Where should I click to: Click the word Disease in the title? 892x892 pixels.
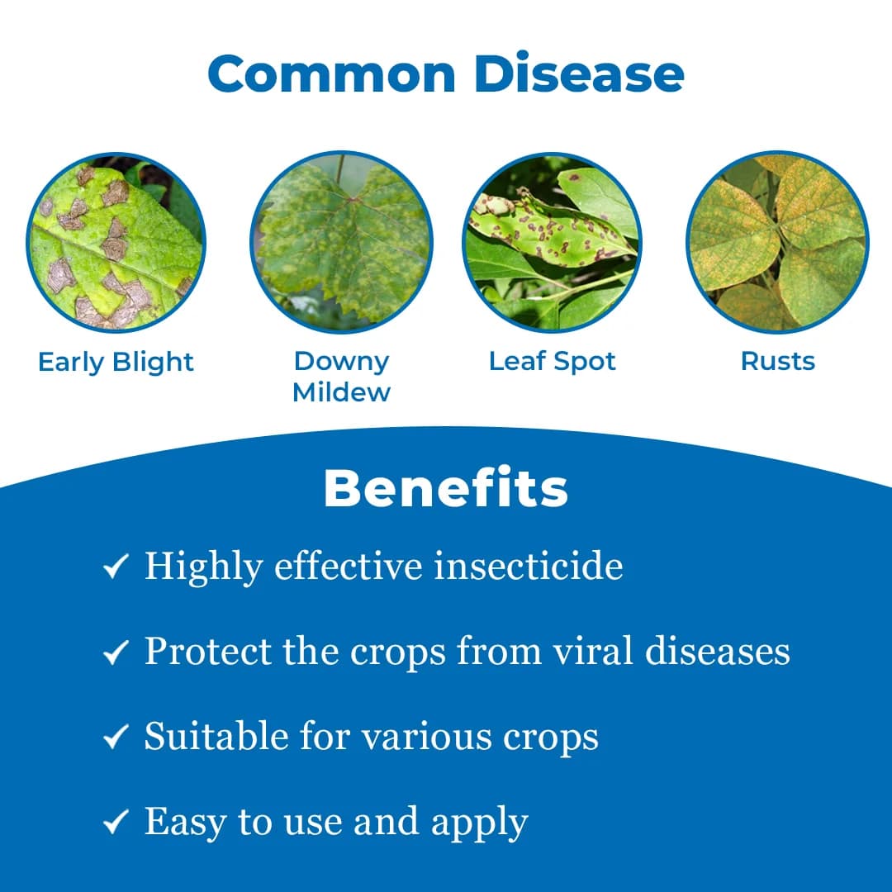coord(579,74)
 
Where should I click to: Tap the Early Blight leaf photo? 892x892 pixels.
coord(116,243)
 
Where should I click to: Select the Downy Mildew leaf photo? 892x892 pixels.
coord(341,243)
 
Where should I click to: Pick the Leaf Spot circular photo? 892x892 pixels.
coord(553,243)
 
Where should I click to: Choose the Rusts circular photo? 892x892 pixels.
coord(777,243)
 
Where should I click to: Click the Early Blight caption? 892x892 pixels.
coord(116,362)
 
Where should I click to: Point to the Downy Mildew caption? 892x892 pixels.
coord(341,376)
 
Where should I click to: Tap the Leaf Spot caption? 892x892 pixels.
coord(553,361)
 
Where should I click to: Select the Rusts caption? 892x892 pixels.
coord(777,361)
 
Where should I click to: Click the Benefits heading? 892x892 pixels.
coord(445,488)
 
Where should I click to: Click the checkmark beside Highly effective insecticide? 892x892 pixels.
coord(115,567)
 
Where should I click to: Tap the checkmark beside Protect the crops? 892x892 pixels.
coord(115,653)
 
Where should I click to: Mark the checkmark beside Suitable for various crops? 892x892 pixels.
coord(115,738)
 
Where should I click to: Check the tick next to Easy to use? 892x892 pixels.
coord(115,823)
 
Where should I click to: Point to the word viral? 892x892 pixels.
coord(593,651)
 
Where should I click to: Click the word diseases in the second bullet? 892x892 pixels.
coord(717,651)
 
